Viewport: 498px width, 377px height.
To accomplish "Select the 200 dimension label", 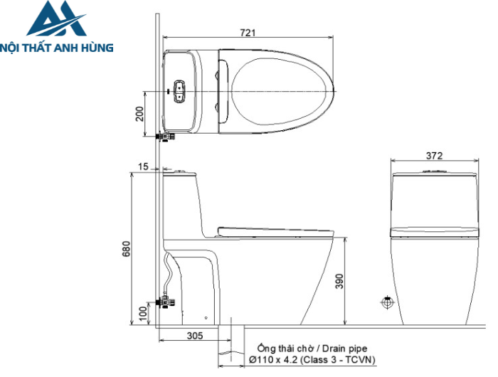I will point(140,113).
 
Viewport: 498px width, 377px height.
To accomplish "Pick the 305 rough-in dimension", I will point(195,335).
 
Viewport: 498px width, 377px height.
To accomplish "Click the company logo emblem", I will point(54,21).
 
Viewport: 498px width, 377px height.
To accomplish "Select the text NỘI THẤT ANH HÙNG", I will point(57,48).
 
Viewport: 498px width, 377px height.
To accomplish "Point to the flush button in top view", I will point(178,90).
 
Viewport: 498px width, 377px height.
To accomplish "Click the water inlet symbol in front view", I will point(388,302).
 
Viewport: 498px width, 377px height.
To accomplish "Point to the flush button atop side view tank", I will point(178,171).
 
